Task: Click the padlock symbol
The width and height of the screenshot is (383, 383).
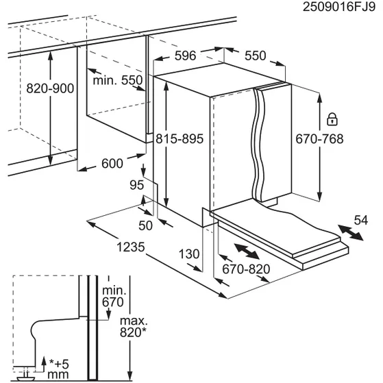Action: (332, 119)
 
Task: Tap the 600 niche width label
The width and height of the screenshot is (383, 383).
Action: (111, 163)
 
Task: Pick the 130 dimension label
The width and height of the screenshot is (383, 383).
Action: (190, 254)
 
